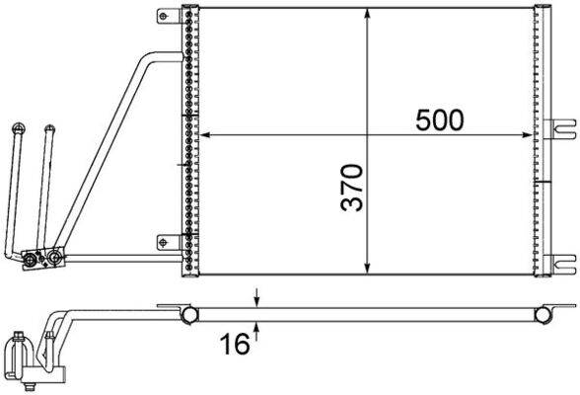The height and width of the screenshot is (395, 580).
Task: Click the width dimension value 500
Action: click(x=438, y=119)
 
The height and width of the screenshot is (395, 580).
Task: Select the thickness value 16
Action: click(x=234, y=345)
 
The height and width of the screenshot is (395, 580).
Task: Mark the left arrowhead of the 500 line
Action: click(x=205, y=134)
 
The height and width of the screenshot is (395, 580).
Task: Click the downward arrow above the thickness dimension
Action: click(x=257, y=299)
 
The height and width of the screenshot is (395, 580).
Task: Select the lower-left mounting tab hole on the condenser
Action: click(x=164, y=241)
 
